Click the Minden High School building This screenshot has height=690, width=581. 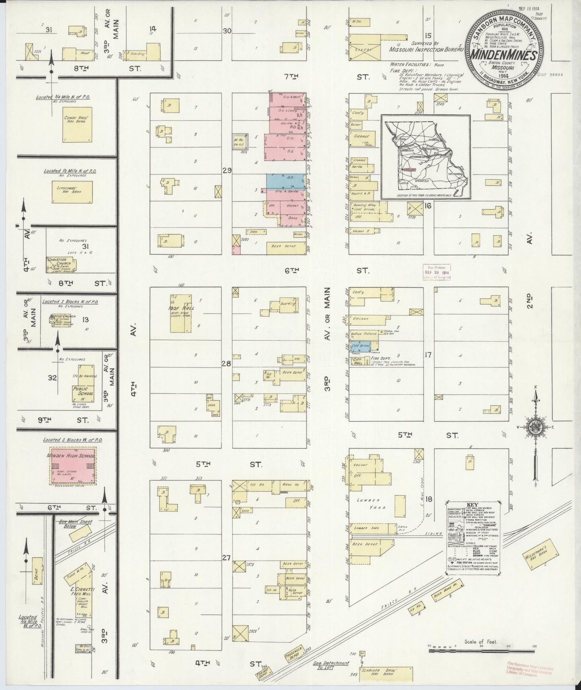73,465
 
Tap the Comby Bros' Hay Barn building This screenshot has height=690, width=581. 77,124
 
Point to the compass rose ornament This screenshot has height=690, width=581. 536,428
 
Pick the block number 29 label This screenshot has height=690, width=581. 226,171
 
